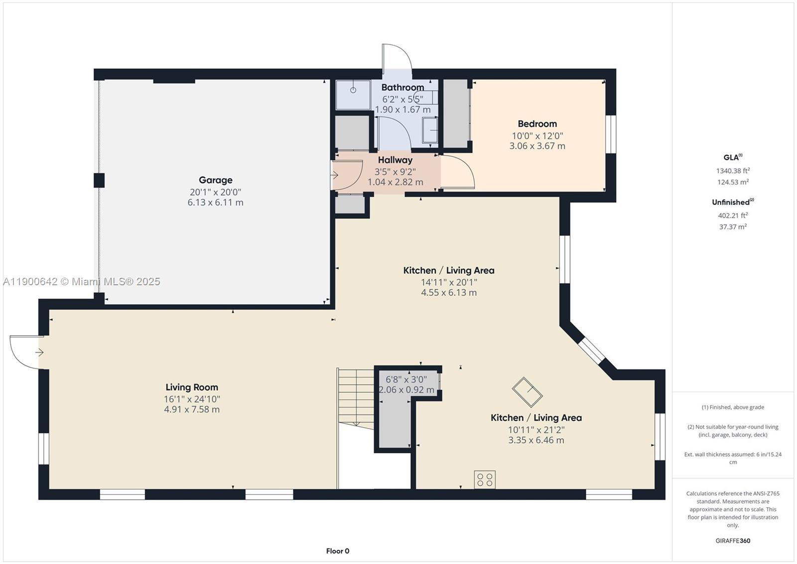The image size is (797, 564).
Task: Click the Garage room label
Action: pyautogui.click(x=215, y=180)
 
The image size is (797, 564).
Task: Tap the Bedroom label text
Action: pyautogui.click(x=537, y=124)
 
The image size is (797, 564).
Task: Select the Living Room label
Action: pyautogui.click(x=192, y=387)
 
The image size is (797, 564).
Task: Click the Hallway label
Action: pyautogui.click(x=395, y=160)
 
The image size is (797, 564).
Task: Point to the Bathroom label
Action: pyautogui.click(x=402, y=87)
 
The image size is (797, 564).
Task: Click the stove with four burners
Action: pyautogui.click(x=484, y=480)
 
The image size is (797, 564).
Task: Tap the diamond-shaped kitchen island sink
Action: pyautogui.click(x=527, y=392)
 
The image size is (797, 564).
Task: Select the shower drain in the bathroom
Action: pyautogui.click(x=353, y=90)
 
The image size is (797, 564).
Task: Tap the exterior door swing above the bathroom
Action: pyautogui.click(x=397, y=57)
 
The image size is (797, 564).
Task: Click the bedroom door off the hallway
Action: pyautogui.click(x=457, y=172)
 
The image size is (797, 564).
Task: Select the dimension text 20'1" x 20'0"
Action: pyautogui.click(x=215, y=192)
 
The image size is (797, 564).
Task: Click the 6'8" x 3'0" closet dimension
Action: pyautogui.click(x=406, y=379)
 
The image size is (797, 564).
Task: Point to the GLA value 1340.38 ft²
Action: pyautogui.click(x=733, y=171)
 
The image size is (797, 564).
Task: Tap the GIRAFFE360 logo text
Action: pyautogui.click(x=733, y=541)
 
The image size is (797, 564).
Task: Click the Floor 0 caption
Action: pyautogui.click(x=338, y=551)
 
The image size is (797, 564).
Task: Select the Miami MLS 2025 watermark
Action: pyautogui.click(x=82, y=282)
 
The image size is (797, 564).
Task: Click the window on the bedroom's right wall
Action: pyautogui.click(x=611, y=134)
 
